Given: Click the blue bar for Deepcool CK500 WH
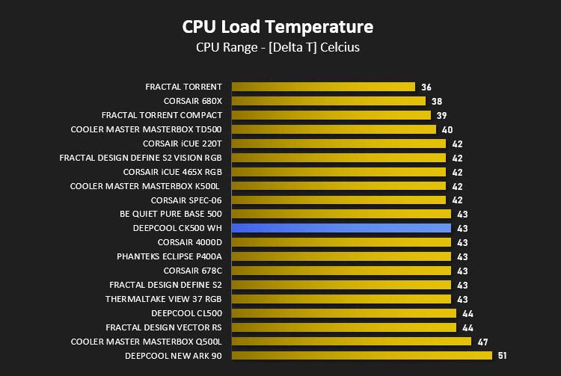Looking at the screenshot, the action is tap(341, 228).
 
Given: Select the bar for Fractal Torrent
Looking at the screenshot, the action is tap(323, 87).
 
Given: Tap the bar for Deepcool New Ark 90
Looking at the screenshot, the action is tap(362, 356).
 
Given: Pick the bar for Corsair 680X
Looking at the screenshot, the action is tap(329, 101).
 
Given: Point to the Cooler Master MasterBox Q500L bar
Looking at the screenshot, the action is tap(352, 342).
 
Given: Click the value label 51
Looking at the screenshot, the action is tap(503, 356).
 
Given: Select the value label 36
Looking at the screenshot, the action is tap(426, 87).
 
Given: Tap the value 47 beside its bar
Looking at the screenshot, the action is tap(482, 342).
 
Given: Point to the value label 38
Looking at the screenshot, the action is tap(437, 102).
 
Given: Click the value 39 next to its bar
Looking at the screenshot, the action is tap(441, 115).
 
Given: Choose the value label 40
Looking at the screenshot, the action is tap(447, 130).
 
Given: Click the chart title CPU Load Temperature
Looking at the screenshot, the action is tap(278, 27).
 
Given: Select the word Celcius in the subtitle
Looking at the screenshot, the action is tap(340, 47).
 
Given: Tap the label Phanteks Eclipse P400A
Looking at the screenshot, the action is tap(169, 256).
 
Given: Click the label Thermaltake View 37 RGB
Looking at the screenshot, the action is tap(164, 299).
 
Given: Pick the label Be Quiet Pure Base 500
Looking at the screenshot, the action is tap(171, 214).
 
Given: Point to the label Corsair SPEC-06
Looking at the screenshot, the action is tap(186, 200).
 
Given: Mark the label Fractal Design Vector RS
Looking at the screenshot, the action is tap(164, 327).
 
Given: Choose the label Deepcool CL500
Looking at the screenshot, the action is tap(186, 313).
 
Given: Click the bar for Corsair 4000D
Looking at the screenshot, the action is tap(341, 242).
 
